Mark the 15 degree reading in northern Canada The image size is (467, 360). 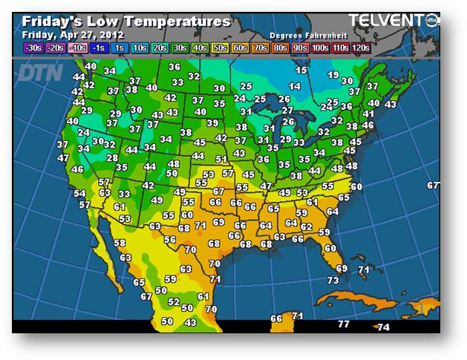(x=301, y=71)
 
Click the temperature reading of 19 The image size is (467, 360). (x=333, y=75)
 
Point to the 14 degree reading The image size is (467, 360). (x=295, y=87)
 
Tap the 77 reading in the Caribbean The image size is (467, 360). (x=343, y=324)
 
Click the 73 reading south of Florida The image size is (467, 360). (x=333, y=280)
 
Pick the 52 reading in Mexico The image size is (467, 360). (x=173, y=302)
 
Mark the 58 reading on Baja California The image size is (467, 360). (x=120, y=243)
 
